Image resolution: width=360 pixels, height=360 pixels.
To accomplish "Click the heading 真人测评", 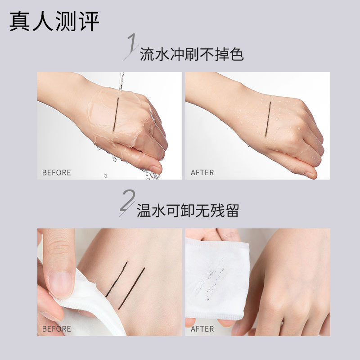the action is click(x=54, y=21).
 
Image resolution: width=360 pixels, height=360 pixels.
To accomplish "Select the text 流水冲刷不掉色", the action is click(x=192, y=54).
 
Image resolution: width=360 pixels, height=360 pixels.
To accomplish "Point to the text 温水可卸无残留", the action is click(x=188, y=210).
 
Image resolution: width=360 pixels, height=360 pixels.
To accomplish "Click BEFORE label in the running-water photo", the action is click(x=57, y=172).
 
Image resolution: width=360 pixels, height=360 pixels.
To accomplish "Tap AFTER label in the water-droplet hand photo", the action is click(x=202, y=172).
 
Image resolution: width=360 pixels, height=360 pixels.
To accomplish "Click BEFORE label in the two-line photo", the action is click(x=57, y=329).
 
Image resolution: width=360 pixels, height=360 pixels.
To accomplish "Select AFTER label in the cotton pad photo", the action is click(x=202, y=329).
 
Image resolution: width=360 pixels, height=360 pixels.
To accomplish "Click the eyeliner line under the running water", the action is click(x=116, y=115).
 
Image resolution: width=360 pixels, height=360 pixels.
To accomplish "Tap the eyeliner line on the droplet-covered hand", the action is click(x=268, y=119).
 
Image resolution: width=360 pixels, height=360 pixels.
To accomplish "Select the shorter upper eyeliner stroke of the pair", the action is click(x=117, y=279).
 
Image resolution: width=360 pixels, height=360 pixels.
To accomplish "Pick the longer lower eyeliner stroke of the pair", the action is click(x=131, y=288).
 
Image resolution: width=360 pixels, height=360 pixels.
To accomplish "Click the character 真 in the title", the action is click(x=19, y=21).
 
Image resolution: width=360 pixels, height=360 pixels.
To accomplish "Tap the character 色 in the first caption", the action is click(x=236, y=54).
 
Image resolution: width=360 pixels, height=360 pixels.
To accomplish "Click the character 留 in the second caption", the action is click(x=232, y=210).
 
